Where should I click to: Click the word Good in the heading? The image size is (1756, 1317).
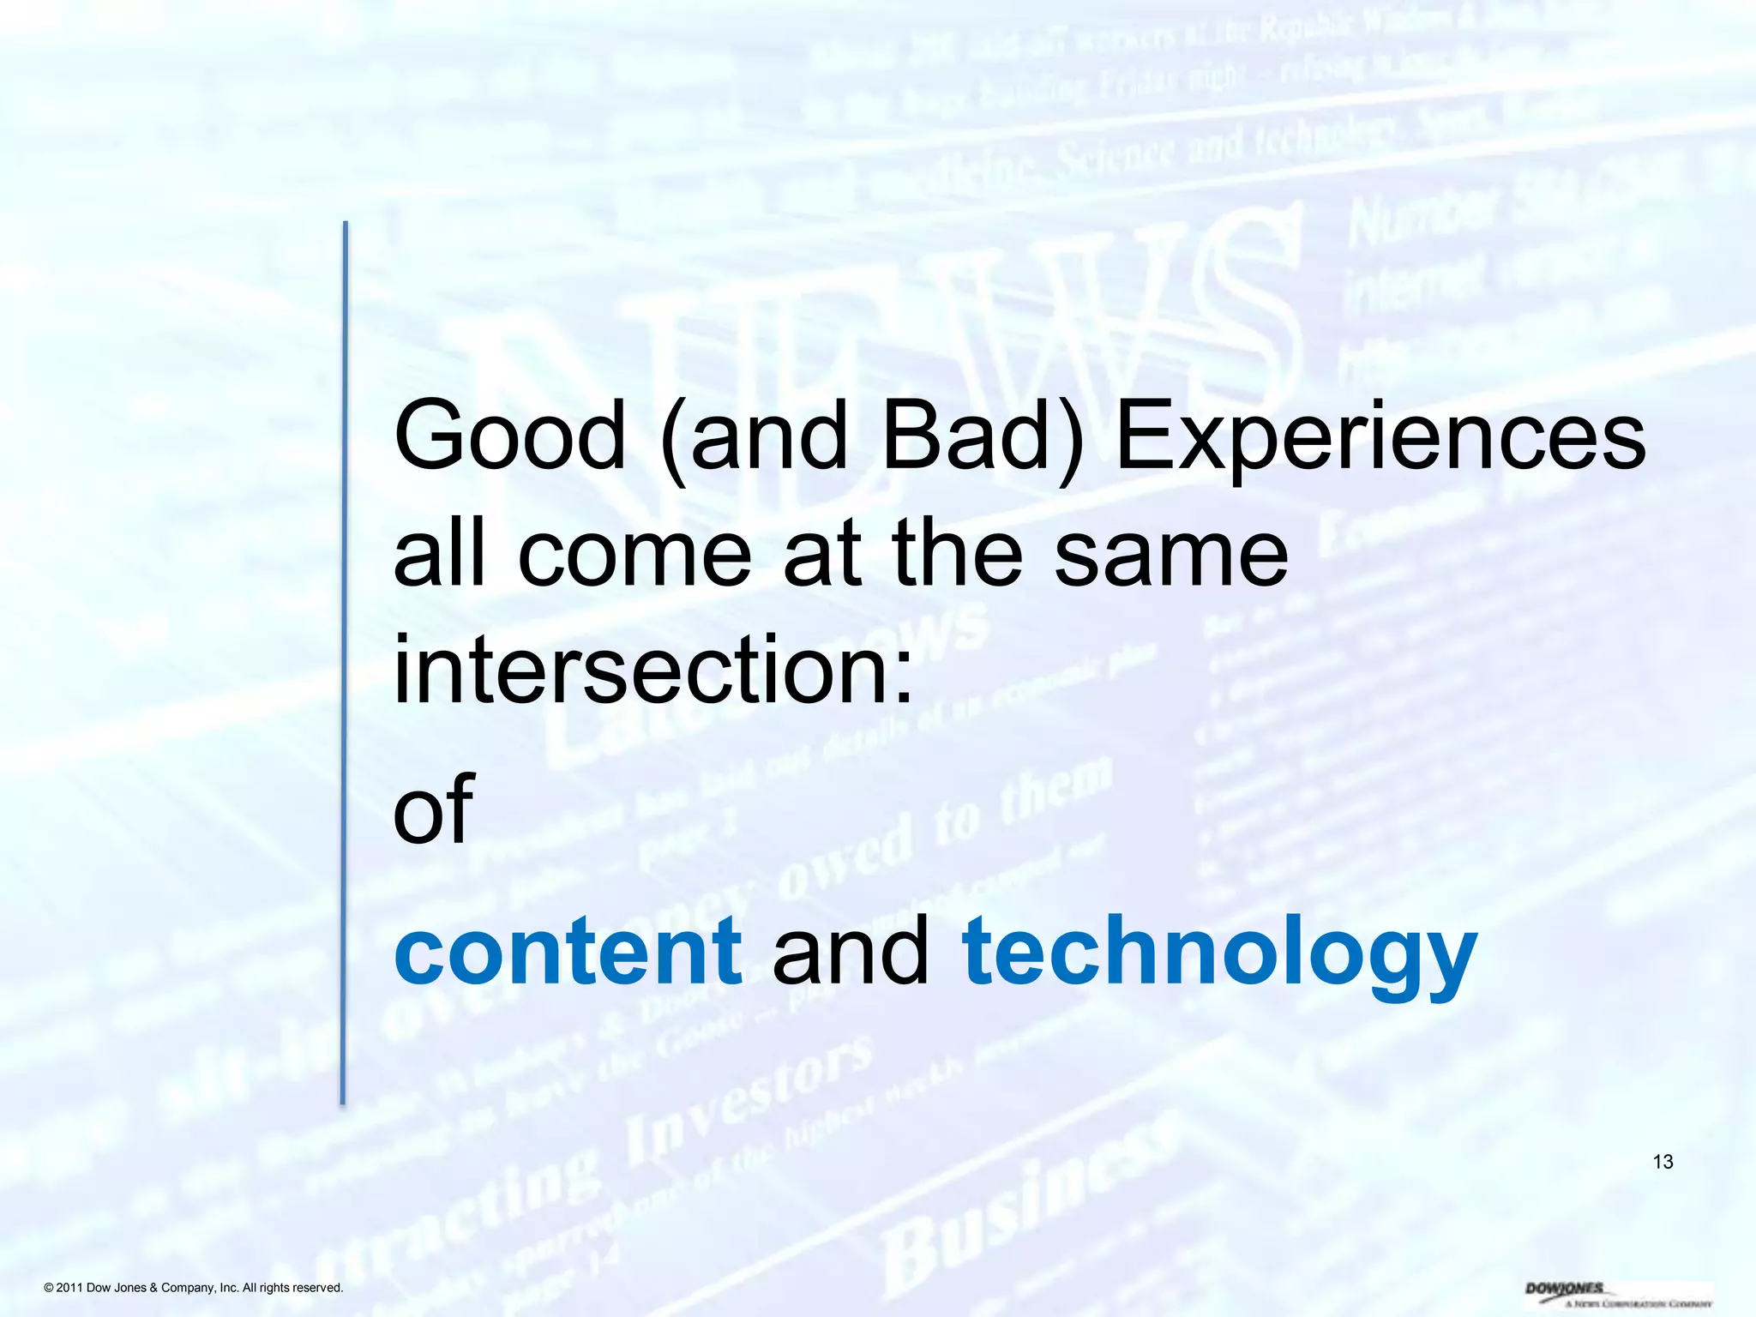pyautogui.click(x=510, y=436)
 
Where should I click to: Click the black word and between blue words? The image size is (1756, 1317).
pyautogui.click(x=851, y=951)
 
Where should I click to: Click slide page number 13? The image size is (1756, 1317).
pyautogui.click(x=1663, y=1162)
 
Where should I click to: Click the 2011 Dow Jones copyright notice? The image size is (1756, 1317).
pyautogui.click(x=194, y=1288)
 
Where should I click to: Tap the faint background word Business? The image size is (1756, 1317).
pyautogui.click(x=1020, y=1209)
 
